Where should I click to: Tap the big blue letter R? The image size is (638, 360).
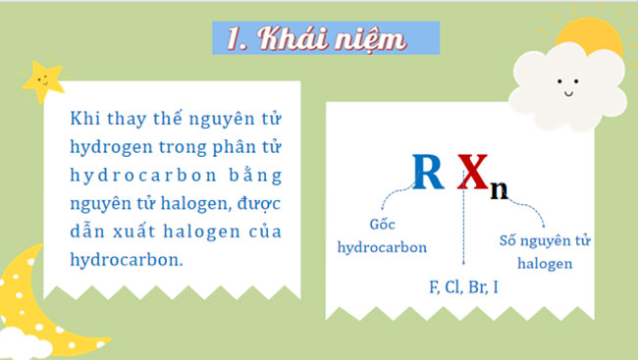(426, 174)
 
